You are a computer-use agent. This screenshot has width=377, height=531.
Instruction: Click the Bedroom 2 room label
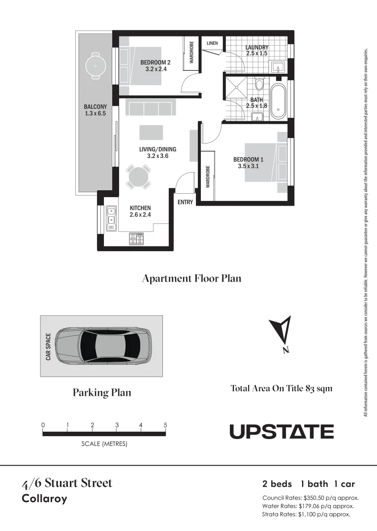[x=155, y=66]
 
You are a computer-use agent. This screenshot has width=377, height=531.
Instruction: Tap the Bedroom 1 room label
[x=248, y=163]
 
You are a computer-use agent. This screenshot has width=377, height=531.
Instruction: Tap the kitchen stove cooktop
[x=136, y=239]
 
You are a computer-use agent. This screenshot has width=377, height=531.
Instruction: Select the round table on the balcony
[x=94, y=65]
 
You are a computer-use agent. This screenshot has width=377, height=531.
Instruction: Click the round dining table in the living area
[x=138, y=177]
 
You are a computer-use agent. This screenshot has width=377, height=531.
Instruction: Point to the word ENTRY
[x=185, y=202]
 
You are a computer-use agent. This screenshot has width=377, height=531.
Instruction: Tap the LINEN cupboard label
[x=212, y=43]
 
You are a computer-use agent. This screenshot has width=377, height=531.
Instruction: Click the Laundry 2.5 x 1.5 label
[x=256, y=50]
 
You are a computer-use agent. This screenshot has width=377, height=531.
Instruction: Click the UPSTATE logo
[x=282, y=432]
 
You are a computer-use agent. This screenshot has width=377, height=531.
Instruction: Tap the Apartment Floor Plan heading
[x=191, y=278]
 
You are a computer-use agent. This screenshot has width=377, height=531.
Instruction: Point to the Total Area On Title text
[x=282, y=388]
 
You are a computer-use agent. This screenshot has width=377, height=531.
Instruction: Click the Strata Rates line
[x=306, y=514]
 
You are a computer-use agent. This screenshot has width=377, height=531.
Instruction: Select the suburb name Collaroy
[x=45, y=499]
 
